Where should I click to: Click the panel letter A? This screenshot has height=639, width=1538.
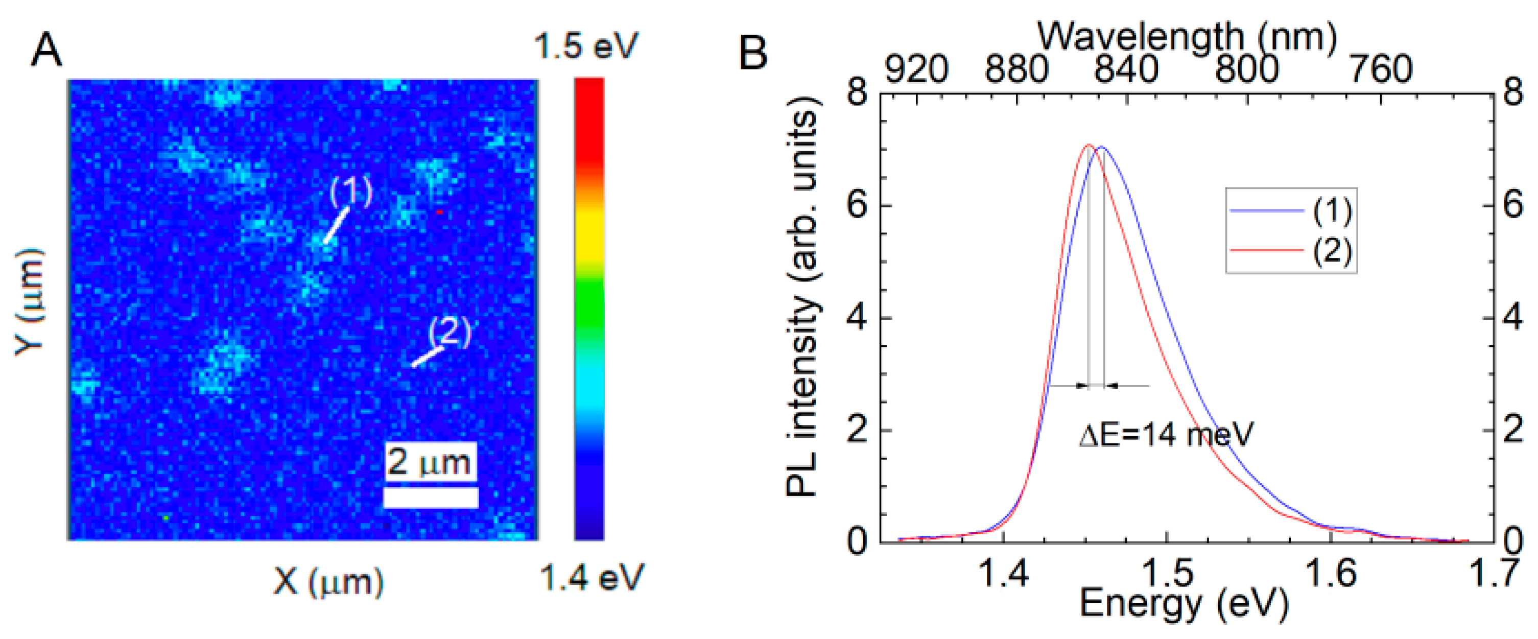click(46, 50)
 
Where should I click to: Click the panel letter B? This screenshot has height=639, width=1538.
click(753, 53)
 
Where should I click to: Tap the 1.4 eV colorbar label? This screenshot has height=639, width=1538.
click(591, 578)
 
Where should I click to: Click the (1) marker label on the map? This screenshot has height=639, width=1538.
click(351, 191)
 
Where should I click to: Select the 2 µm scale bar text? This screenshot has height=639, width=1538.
click(429, 462)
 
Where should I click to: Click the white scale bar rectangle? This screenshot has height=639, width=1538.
click(430, 498)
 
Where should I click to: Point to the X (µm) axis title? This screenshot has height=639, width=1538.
click(328, 581)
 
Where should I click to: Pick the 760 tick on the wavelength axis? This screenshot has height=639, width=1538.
click(1380, 70)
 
